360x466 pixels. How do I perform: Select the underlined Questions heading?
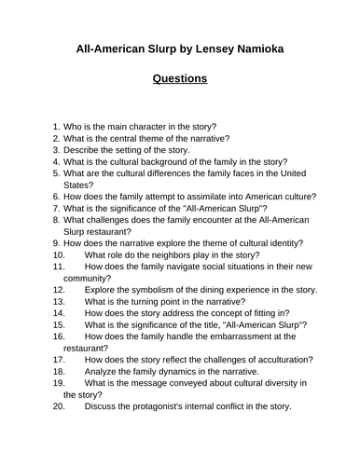[180, 79]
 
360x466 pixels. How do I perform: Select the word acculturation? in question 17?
[279, 358]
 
